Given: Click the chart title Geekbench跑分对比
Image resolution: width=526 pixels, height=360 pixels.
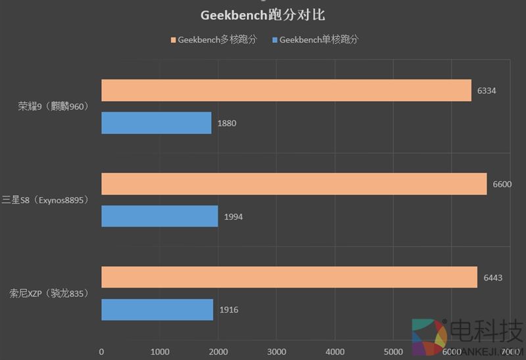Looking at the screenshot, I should (263, 14).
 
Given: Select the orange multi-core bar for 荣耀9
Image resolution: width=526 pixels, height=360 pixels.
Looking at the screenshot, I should (286, 90).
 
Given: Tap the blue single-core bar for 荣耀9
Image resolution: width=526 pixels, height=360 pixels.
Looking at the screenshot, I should (156, 123).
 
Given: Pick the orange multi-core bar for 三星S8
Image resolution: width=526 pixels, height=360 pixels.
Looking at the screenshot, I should (294, 184).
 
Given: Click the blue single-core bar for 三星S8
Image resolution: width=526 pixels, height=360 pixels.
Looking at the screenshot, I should (160, 216).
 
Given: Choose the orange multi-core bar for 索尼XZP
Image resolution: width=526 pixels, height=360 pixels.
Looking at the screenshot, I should (289, 277).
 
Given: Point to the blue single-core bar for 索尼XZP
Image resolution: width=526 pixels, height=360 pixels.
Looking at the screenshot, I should (157, 309).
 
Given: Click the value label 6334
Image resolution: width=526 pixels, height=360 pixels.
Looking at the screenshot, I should (488, 91).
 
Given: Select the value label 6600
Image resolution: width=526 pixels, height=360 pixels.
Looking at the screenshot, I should (502, 184).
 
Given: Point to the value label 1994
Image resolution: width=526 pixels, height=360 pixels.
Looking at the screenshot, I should (233, 216).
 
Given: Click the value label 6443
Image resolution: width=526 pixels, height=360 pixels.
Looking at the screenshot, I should (492, 277).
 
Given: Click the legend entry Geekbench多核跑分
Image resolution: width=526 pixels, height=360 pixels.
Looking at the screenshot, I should (217, 40).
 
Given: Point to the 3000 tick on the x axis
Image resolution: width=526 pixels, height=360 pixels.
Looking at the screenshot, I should (276, 351).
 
